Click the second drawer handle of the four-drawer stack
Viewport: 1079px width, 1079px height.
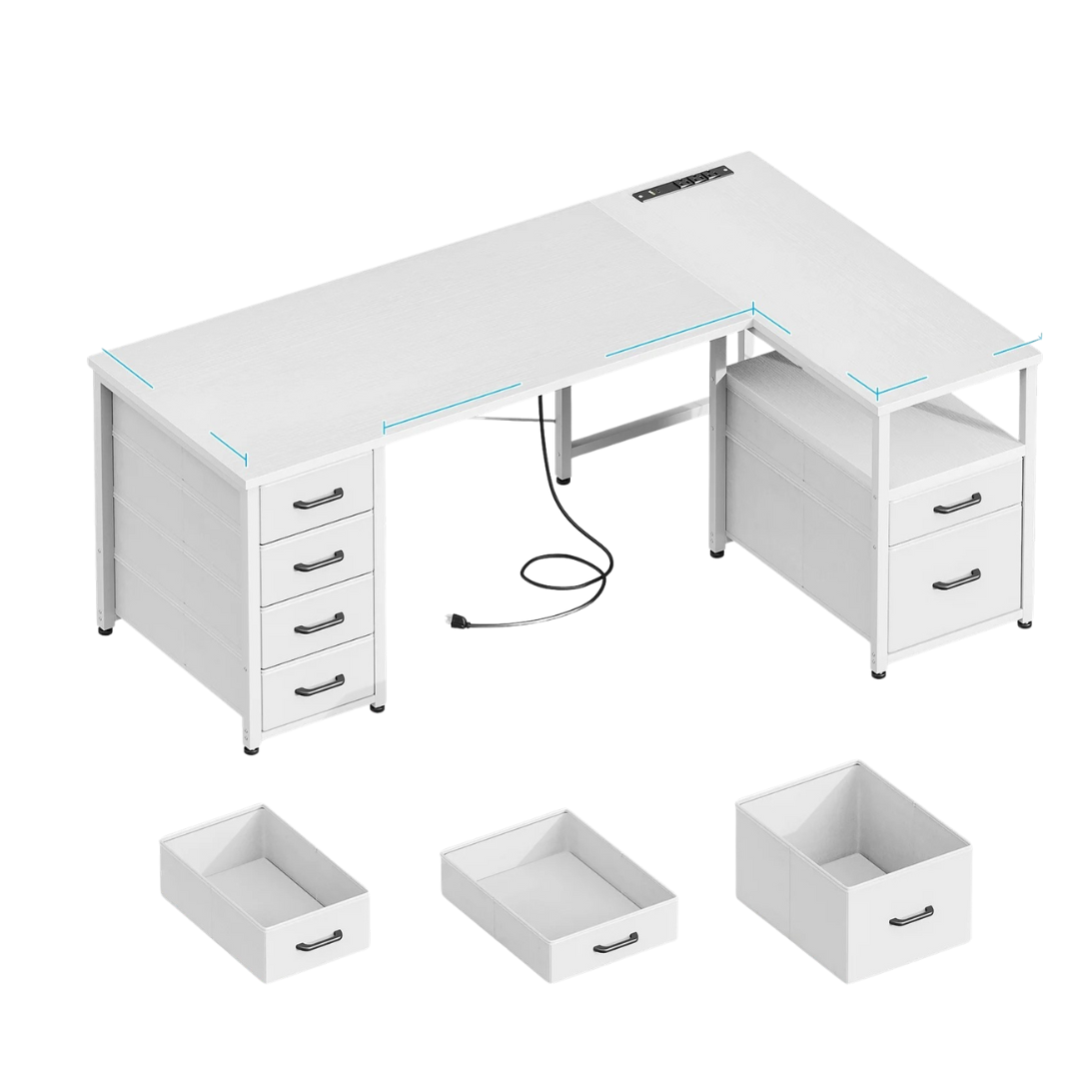(319, 560)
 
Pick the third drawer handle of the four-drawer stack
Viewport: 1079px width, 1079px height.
(319, 622)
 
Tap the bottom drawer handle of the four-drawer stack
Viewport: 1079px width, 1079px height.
(319, 684)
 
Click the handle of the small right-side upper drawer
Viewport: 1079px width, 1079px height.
(956, 503)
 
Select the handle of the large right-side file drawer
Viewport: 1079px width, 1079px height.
(956, 578)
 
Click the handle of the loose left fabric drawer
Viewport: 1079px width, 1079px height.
(319, 940)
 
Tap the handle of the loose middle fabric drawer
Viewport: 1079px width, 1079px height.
(614, 942)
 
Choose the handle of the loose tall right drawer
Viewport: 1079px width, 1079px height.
(911, 915)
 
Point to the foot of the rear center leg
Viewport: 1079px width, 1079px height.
(564, 480)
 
